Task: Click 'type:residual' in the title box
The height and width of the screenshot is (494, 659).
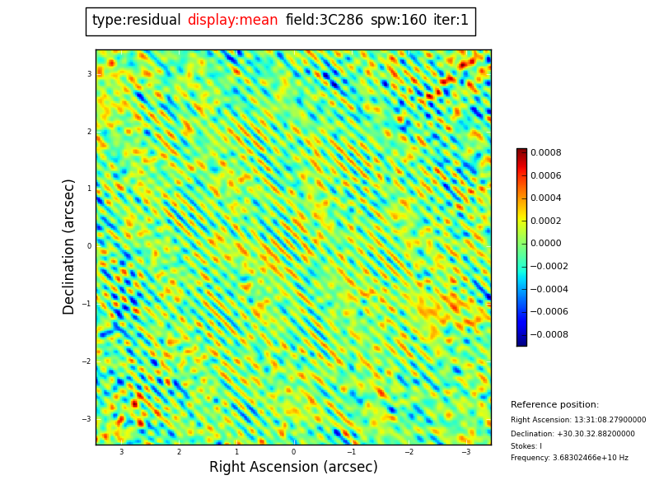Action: click(136, 21)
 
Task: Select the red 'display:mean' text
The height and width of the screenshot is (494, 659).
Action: click(232, 21)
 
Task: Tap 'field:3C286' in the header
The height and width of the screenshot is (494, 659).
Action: click(324, 21)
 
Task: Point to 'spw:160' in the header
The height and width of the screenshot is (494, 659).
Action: click(399, 21)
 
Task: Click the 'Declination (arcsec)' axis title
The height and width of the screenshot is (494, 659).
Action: click(69, 246)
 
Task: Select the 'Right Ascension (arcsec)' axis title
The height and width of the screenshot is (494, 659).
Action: click(293, 468)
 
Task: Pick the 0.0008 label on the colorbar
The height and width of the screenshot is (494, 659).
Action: click(545, 153)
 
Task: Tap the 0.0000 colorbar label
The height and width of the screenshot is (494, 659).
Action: click(545, 244)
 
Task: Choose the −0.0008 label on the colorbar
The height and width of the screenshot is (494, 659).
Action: click(548, 335)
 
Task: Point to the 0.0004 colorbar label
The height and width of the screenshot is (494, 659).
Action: click(545, 198)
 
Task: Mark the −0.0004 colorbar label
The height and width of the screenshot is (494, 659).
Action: click(548, 290)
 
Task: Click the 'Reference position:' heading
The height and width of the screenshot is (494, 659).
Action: click(554, 405)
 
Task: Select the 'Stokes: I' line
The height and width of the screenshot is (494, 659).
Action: click(526, 446)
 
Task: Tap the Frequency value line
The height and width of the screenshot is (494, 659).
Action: click(569, 459)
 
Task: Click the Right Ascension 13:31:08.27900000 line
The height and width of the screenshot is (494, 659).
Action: click(578, 420)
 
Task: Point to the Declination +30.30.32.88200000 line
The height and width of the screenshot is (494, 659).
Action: click(573, 434)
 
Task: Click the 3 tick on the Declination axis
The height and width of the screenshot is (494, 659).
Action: click(89, 74)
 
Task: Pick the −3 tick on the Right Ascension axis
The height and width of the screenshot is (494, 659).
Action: click(465, 452)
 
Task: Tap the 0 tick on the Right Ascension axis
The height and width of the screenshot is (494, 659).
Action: click(293, 452)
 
